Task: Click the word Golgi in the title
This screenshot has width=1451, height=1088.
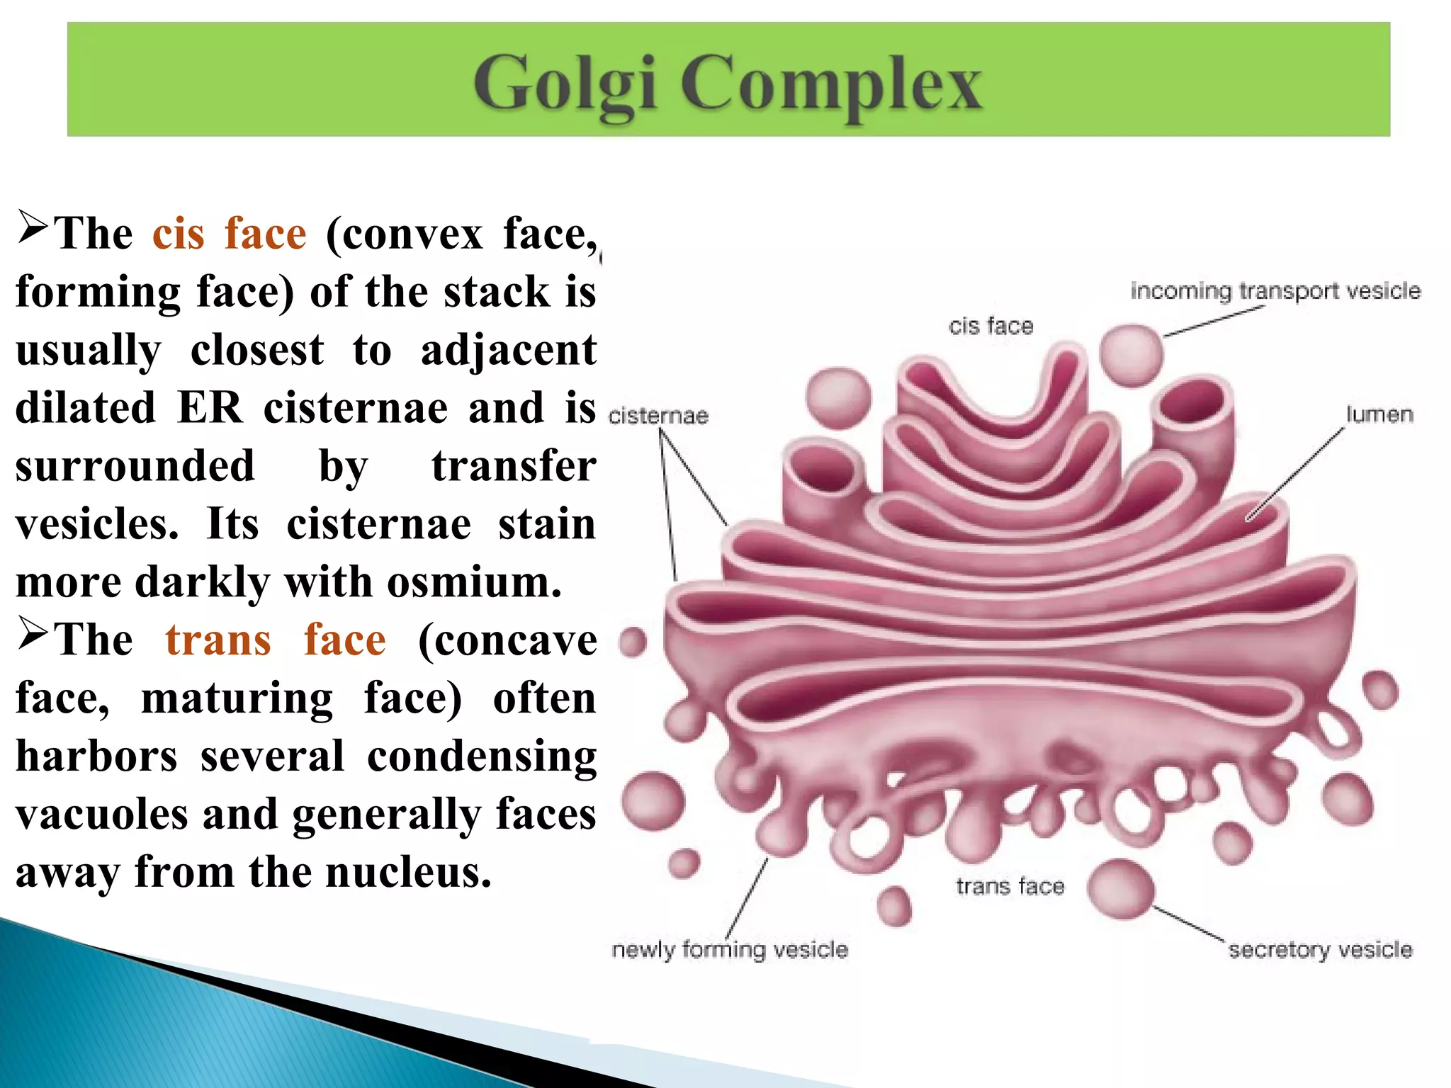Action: click(565, 85)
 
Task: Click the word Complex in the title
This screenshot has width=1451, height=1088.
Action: click(831, 85)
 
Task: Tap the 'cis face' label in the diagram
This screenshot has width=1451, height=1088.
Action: click(990, 327)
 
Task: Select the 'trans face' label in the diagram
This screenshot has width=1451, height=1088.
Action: click(1010, 887)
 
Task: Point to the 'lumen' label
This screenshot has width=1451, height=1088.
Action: click(1379, 414)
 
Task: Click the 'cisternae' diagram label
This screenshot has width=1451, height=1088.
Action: click(658, 416)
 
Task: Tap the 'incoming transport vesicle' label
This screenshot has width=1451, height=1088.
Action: click(1275, 291)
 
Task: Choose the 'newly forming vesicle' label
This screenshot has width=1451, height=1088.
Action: click(730, 950)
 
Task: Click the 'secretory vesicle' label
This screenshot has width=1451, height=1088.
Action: click(1320, 950)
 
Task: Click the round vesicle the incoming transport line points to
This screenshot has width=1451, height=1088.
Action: click(1131, 354)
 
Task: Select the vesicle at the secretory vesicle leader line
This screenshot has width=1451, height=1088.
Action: click(1121, 889)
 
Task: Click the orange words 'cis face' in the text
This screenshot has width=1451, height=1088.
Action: click(230, 234)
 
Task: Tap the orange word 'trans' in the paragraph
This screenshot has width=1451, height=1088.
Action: click(218, 640)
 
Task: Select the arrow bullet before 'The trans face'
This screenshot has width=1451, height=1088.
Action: click(33, 633)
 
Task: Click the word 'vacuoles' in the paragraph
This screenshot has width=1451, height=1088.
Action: click(101, 815)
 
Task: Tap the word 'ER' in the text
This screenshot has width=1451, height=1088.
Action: click(210, 408)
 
